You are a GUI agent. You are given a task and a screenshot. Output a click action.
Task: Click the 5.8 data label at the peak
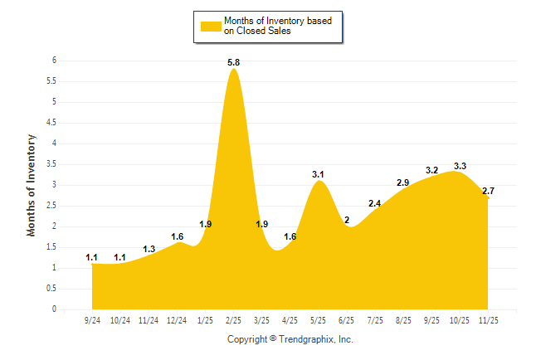click(234, 62)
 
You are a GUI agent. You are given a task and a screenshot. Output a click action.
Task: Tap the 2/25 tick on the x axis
click(234, 319)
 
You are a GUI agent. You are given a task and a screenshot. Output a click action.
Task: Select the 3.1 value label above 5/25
click(319, 174)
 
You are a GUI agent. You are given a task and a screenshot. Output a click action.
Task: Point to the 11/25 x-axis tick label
click(489, 319)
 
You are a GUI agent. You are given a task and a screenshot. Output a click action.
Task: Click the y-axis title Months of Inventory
click(32, 185)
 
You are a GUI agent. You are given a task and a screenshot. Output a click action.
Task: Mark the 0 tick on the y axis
click(53, 309)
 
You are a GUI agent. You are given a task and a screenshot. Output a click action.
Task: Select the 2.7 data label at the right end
click(488, 191)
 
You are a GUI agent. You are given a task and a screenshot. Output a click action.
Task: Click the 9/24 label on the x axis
click(92, 319)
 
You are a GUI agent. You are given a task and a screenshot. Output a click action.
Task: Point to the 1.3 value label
click(149, 249)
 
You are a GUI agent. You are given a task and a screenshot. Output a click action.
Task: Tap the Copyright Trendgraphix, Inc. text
click(290, 339)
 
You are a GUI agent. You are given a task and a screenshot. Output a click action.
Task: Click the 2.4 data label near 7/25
click(375, 203)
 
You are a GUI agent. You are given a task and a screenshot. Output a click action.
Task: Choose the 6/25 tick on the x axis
click(347, 319)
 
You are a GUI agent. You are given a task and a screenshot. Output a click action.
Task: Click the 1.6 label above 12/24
click(178, 236)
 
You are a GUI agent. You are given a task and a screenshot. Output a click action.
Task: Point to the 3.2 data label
click(432, 170)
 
